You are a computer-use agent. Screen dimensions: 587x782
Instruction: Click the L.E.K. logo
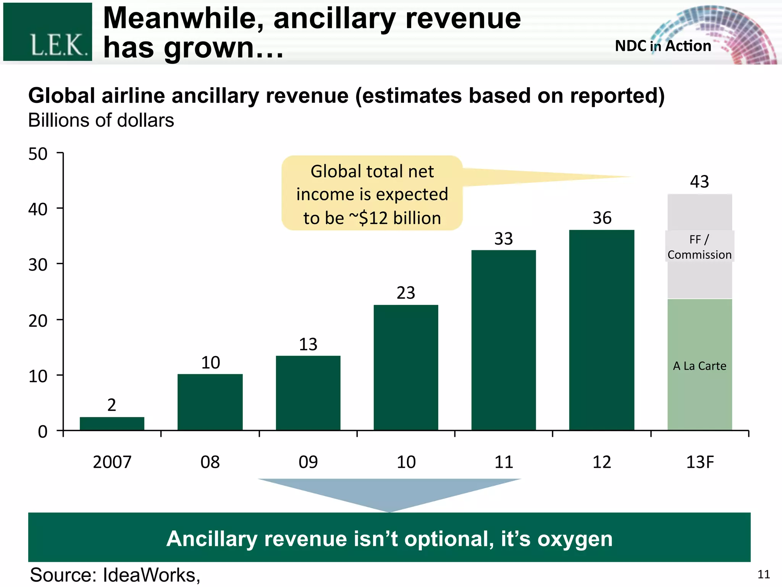48,32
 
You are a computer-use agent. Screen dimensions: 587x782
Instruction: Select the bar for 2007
112,423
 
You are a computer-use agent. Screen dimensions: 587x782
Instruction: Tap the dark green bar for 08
210,402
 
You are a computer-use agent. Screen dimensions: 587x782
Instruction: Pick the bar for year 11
504,340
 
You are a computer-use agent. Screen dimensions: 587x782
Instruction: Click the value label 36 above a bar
602,218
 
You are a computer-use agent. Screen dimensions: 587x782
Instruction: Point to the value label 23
406,293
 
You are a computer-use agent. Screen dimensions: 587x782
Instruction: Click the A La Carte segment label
700,366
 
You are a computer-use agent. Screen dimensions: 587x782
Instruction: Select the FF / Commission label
700,247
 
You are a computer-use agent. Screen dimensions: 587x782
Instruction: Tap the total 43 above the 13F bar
699,182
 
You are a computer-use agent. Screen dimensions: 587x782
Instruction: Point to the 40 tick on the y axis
38,209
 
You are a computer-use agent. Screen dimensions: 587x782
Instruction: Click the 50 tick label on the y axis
38,154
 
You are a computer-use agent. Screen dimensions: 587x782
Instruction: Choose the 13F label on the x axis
700,462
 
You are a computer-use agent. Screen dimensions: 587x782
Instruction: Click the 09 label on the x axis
308,462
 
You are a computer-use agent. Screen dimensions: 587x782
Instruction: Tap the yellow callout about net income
372,194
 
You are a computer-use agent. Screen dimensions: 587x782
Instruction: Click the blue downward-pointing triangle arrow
389,493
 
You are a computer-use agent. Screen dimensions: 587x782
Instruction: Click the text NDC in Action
663,46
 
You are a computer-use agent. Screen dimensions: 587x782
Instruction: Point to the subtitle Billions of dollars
101,120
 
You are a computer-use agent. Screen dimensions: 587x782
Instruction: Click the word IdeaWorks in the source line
151,575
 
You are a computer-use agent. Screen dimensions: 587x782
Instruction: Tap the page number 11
763,574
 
